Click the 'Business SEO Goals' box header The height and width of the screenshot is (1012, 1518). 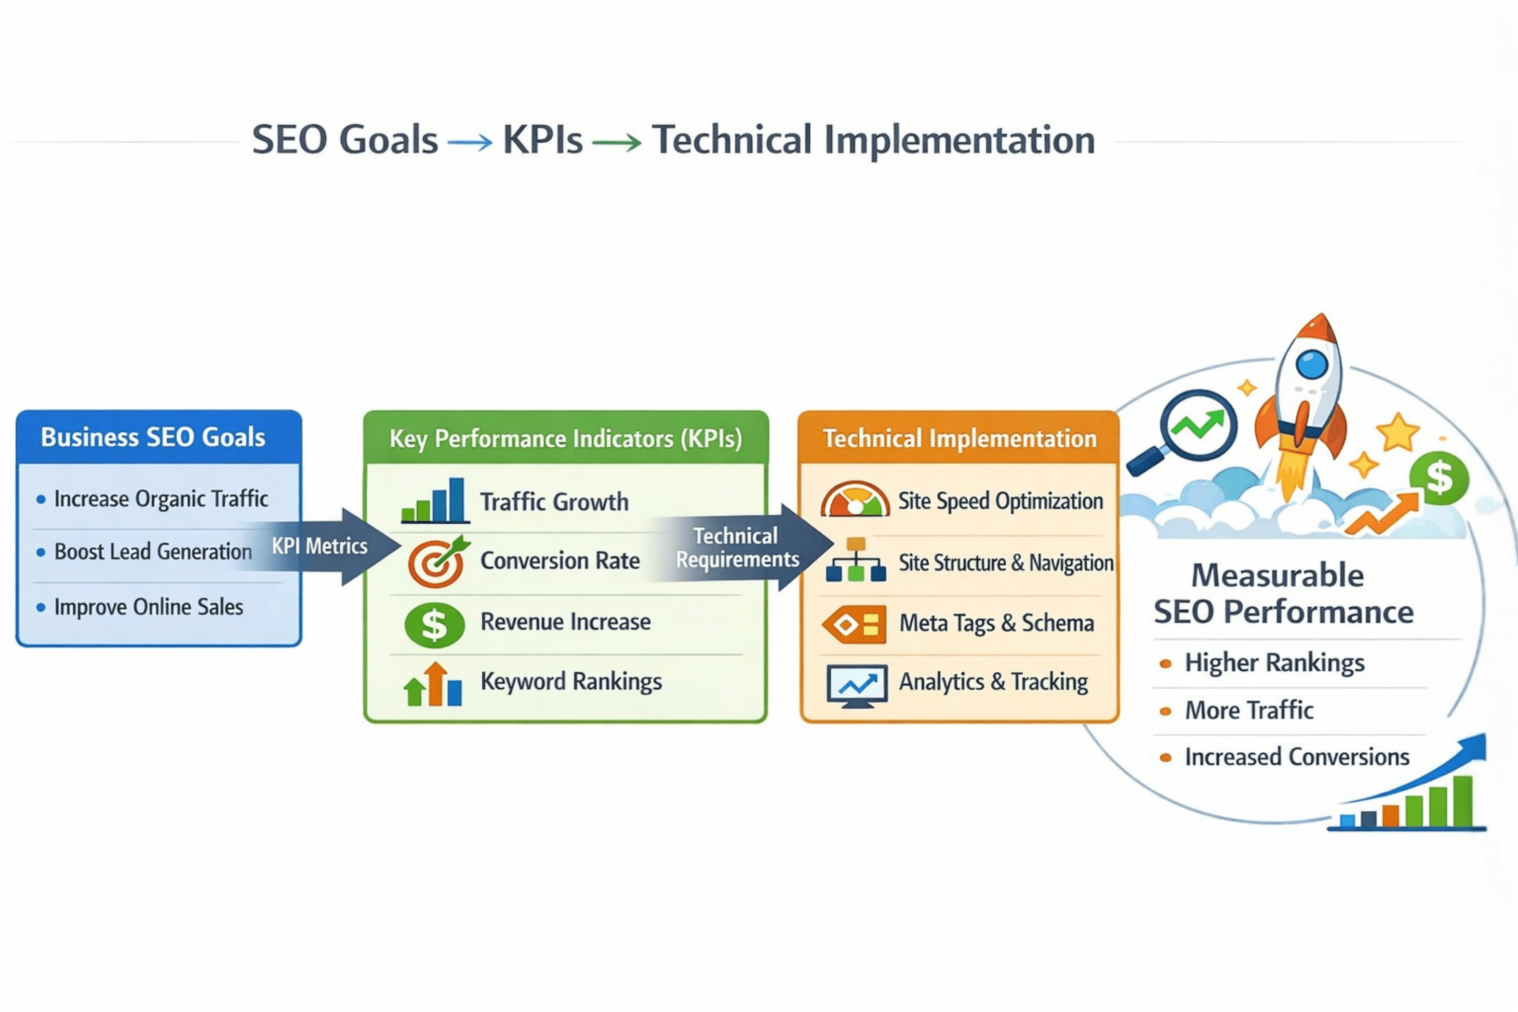153,438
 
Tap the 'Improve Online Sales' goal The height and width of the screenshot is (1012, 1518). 148,607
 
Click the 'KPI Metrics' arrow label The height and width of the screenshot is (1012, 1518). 320,546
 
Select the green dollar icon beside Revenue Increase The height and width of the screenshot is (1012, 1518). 434,624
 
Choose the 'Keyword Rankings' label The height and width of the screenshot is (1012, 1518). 571,681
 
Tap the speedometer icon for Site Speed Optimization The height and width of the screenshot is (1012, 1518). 855,500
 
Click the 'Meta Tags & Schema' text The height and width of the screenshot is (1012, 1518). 997,624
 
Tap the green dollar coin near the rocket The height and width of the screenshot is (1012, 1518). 1438,478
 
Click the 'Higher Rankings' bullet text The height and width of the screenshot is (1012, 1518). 1275,663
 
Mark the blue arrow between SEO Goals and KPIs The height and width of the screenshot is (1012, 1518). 470,141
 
